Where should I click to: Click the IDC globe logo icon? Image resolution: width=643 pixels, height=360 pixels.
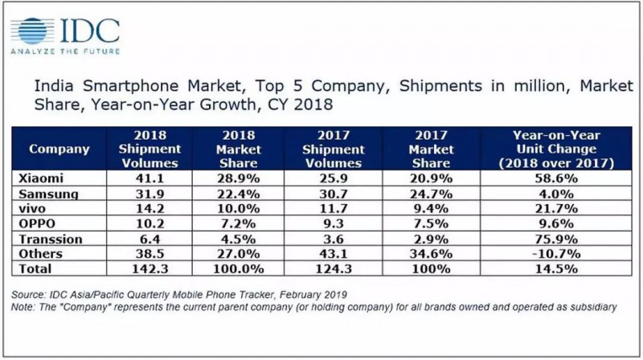(31, 30)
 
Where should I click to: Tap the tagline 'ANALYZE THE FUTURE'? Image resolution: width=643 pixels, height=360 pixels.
(64, 51)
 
